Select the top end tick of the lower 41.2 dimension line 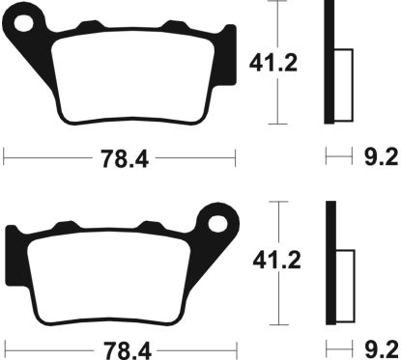coord(279,201)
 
